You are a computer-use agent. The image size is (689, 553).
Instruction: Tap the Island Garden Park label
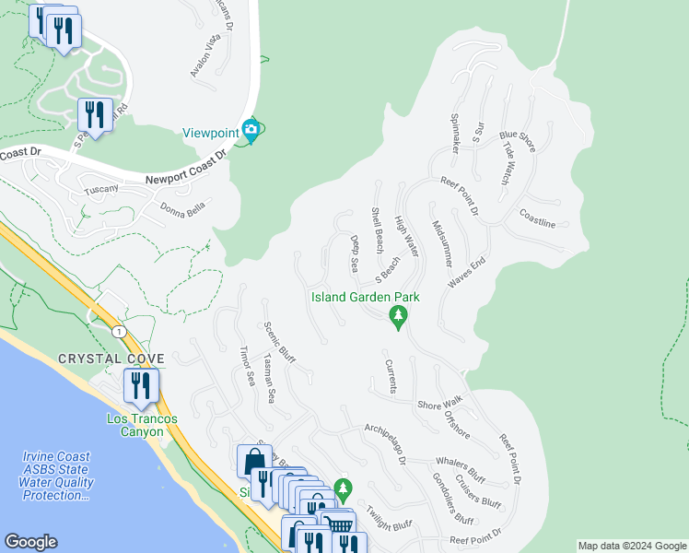tap(366, 297)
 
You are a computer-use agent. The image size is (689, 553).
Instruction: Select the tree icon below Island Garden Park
tap(398, 318)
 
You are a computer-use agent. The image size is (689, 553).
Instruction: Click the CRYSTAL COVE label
tap(111, 359)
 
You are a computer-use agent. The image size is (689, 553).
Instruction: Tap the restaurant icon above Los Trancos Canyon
tap(140, 384)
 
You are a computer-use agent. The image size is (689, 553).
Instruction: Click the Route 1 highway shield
tap(118, 330)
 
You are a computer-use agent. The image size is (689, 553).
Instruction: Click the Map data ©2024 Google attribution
tap(631, 546)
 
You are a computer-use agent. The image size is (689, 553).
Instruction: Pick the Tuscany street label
tap(101, 189)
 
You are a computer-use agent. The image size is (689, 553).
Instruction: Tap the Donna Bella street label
tap(181, 208)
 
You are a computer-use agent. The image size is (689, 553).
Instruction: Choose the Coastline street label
tap(537, 223)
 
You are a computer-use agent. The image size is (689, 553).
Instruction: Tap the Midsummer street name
tap(440, 243)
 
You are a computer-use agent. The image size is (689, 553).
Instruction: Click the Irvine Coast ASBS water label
tap(57, 476)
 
